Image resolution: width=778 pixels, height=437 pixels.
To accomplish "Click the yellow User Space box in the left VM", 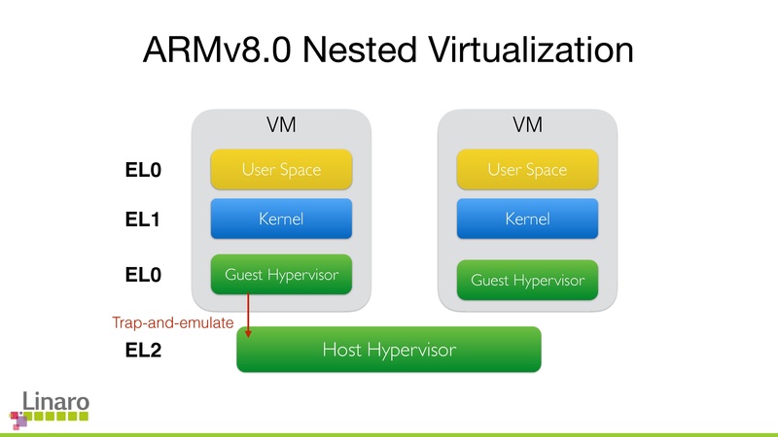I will pyautogui.click(x=281, y=170).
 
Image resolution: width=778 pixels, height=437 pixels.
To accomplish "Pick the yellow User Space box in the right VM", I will pyautogui.click(x=527, y=170).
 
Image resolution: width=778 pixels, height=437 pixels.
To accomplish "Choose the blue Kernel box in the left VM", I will pyautogui.click(x=281, y=218).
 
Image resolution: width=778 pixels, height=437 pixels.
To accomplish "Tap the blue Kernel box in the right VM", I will pyautogui.click(x=527, y=218).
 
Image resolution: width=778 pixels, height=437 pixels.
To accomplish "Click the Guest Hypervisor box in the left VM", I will pyautogui.click(x=281, y=275).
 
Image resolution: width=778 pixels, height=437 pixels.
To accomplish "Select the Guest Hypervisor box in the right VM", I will pyautogui.click(x=527, y=280).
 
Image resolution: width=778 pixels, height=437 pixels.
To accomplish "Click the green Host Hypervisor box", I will pyautogui.click(x=388, y=350).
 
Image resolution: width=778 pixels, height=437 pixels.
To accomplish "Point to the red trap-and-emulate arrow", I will pyautogui.click(x=249, y=313).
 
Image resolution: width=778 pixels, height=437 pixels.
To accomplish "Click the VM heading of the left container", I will pyautogui.click(x=281, y=126).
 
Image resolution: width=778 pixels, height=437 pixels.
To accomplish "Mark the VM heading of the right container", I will pyautogui.click(x=527, y=126).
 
